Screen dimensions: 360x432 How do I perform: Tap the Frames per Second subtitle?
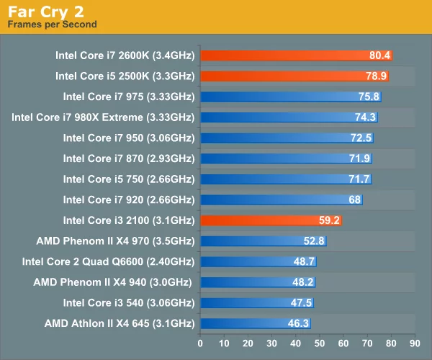coord(52,24)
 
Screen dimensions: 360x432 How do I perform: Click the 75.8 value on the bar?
coord(368,96)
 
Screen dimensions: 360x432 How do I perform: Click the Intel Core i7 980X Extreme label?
coord(103,117)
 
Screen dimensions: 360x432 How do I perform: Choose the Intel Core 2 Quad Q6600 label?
coord(108,261)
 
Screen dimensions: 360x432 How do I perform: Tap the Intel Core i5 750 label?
coord(129,179)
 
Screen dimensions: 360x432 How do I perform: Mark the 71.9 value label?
coord(359,158)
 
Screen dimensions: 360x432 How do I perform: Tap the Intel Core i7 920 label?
coord(129,199)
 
